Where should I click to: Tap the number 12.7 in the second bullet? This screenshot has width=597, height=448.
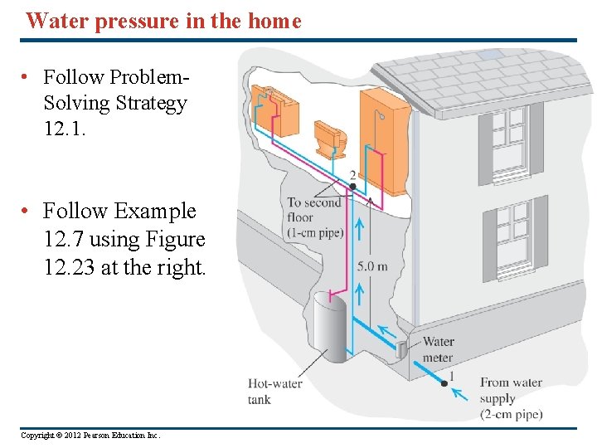point(63,239)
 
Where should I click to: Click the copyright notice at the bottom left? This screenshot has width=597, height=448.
point(90,436)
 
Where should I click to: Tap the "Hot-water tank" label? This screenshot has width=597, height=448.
point(274,391)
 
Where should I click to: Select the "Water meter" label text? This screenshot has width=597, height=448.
point(438,349)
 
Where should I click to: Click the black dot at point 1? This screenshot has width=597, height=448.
point(444,384)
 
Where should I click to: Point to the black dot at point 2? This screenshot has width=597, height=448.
point(352,187)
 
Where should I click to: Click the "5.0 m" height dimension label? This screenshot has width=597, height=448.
point(372,266)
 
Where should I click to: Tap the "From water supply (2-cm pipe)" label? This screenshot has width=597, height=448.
point(511,398)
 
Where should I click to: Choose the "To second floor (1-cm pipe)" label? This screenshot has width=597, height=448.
point(314,217)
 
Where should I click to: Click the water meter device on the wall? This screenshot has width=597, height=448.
point(401,350)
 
